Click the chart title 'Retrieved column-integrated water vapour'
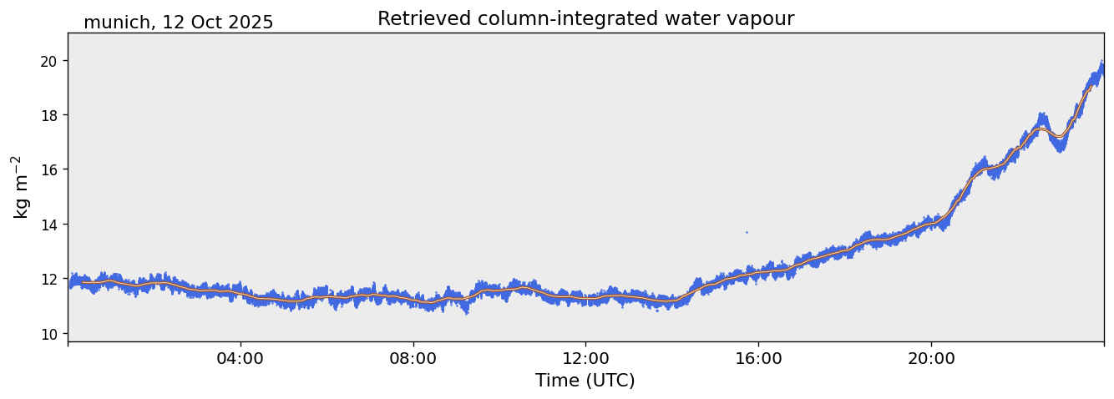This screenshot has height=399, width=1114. tap(585, 19)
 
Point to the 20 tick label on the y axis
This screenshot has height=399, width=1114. tap(50, 61)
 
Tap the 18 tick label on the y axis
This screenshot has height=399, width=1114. tap(50, 115)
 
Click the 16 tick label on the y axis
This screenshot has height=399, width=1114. tap(50, 169)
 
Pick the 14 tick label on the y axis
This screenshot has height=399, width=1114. tap(50, 225)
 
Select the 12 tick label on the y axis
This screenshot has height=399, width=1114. tap(50, 279)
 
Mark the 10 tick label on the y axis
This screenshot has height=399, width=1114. tap(50, 334)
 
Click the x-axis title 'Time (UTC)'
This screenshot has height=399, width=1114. tap(585, 381)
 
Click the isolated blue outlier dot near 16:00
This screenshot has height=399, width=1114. tap(747, 232)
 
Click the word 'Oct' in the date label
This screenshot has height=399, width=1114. tap(206, 23)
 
